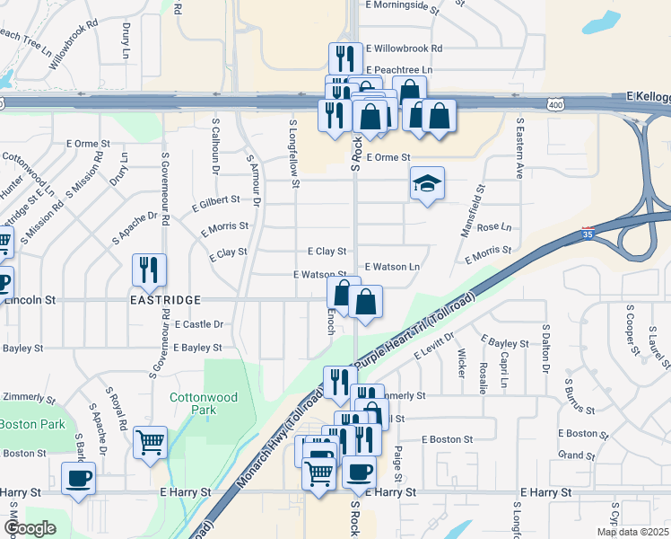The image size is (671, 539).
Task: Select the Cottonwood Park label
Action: tap(193, 402)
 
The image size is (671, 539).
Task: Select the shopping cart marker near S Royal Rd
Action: tap(150, 441)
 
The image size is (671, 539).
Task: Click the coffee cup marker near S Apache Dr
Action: tap(78, 478)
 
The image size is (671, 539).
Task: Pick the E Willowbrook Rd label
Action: tap(404, 49)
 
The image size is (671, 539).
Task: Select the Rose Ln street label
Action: tap(494, 227)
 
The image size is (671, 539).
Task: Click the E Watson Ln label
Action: tap(392, 267)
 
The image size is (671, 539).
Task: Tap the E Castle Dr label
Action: tap(199, 323)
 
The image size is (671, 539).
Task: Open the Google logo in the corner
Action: tap(30, 528)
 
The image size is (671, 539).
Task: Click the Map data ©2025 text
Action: tap(632, 532)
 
